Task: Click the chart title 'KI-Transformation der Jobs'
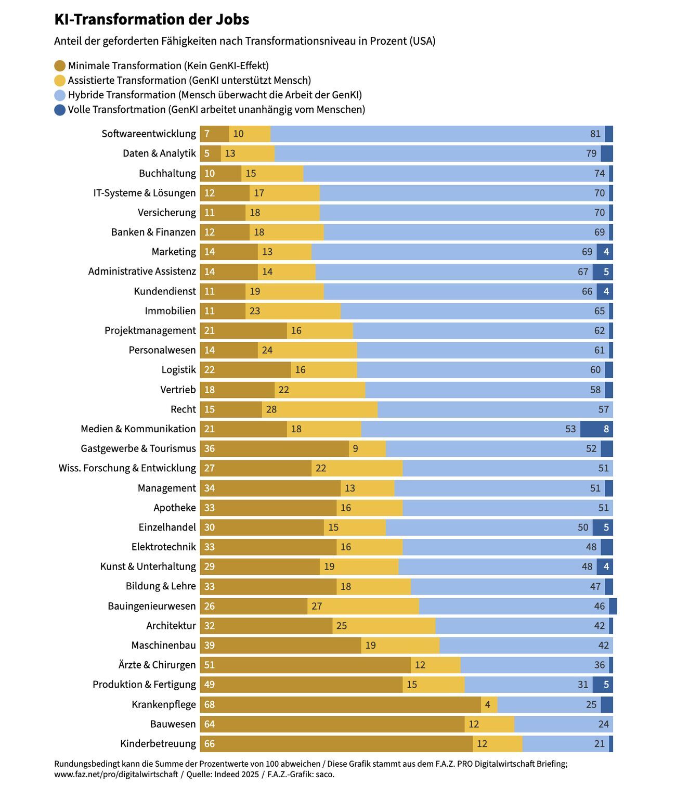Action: (151, 19)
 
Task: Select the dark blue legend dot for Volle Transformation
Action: (60, 110)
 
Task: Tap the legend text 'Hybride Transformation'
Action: (122, 95)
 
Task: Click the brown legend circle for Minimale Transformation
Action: (60, 66)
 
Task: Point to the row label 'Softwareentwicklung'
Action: (149, 134)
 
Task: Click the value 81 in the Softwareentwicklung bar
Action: (595, 134)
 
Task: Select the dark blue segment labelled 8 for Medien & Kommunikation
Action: (596, 429)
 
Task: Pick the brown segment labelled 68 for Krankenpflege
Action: (340, 704)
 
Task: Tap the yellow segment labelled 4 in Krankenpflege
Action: (489, 704)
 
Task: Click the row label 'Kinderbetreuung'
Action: (158, 744)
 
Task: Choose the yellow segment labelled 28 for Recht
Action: (319, 409)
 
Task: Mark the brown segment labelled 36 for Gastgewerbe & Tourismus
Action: (274, 448)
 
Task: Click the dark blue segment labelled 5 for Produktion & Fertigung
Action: (603, 685)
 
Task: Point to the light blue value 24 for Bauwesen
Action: (603, 724)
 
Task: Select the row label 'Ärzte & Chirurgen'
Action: (157, 665)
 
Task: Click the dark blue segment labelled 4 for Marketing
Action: (605, 252)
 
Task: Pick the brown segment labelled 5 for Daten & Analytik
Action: (210, 153)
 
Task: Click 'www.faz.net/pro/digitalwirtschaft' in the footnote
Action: (116, 774)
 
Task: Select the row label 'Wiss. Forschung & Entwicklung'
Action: (127, 468)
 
